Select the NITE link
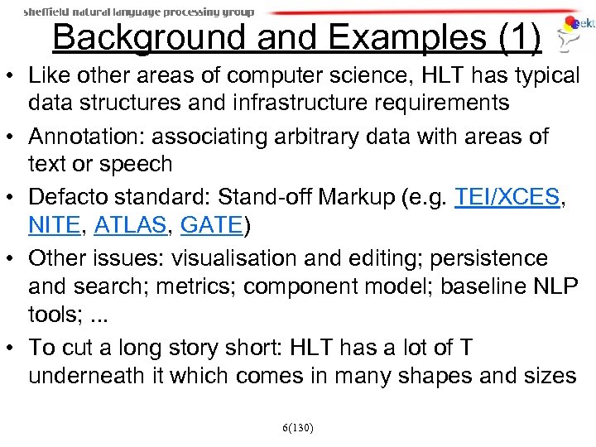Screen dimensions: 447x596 (55, 225)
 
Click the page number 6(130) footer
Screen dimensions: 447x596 (297, 427)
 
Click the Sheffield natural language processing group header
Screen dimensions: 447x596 (138, 12)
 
